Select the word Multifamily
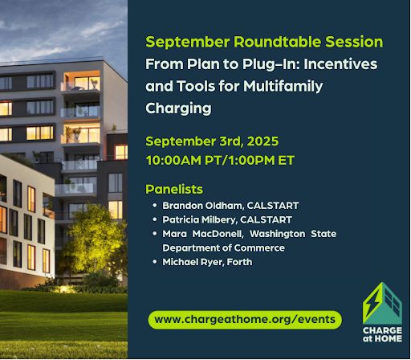283,87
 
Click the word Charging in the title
178,108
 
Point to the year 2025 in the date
262,141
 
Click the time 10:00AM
173,161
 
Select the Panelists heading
174,190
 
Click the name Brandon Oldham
203,206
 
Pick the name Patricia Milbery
200,220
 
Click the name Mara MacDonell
203,234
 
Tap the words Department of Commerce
223,248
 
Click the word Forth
239,262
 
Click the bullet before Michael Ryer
154,261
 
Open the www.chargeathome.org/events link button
245,320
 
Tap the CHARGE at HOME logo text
382,334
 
